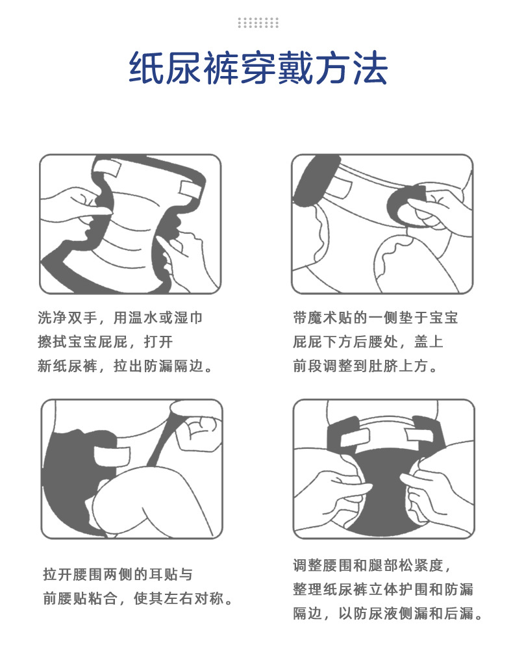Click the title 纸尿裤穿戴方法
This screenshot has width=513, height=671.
258,68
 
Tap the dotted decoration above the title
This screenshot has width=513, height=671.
258,23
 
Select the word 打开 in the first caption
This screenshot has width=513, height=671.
158,342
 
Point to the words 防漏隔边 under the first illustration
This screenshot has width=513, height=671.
173,366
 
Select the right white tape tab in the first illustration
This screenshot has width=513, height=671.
192,190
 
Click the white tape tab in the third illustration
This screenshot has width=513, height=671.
111,456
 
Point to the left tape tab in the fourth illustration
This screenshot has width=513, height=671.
355,437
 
